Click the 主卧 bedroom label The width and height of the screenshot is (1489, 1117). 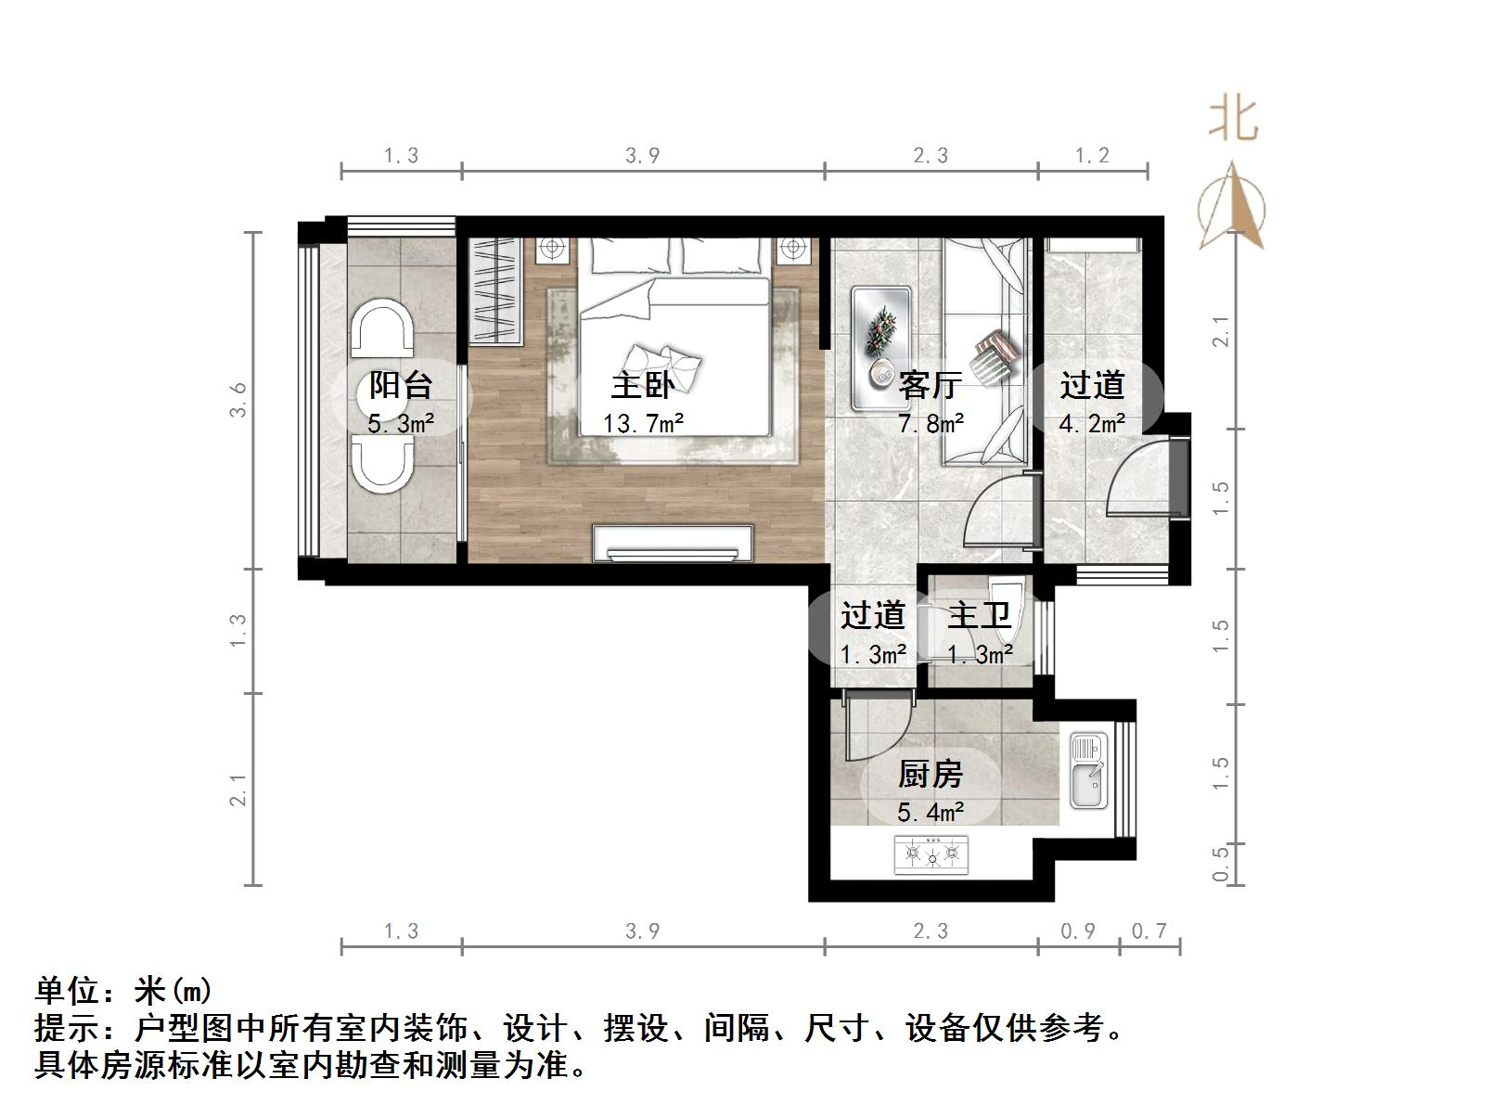point(641,385)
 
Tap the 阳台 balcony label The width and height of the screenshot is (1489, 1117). point(401,385)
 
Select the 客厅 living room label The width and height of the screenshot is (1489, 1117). point(930,385)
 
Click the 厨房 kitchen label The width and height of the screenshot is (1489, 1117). point(930,774)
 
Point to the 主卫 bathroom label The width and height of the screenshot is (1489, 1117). point(979,615)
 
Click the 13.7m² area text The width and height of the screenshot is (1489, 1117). point(643,425)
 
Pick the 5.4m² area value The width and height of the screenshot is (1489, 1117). point(930,813)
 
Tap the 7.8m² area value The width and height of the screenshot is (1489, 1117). point(930,425)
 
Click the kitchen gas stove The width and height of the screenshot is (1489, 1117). point(931,854)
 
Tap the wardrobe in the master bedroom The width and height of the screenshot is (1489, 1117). point(495,290)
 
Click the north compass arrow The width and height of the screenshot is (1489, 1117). point(1232,206)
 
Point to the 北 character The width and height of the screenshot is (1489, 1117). point(1233,121)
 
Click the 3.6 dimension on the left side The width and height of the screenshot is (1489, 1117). point(238,400)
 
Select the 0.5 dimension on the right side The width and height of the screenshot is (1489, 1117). point(1221,863)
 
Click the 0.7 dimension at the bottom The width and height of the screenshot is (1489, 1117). point(1149,931)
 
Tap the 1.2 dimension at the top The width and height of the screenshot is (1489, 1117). point(1092,155)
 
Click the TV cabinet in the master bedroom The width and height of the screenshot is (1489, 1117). point(673,544)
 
